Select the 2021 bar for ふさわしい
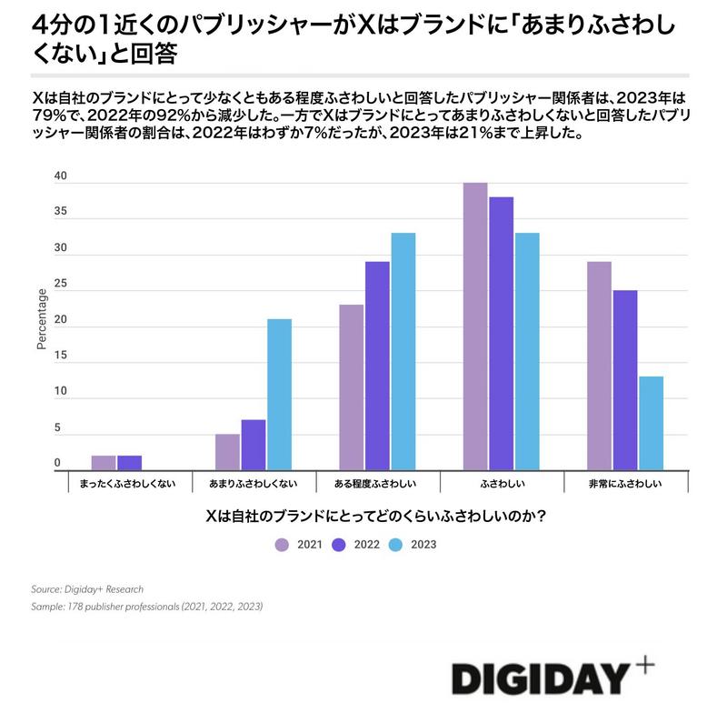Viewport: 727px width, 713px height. [x=474, y=326]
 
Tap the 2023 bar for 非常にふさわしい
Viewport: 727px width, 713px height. [x=651, y=423]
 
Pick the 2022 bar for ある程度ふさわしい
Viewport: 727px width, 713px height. [x=377, y=366]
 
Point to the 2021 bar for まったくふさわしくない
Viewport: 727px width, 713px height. [x=104, y=463]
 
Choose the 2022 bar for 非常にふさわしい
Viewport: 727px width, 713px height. [x=624, y=380]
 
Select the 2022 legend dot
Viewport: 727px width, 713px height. [x=339, y=545]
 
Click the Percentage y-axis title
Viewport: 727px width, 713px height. [x=41, y=318]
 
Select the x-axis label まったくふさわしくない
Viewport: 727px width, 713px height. [x=129, y=484]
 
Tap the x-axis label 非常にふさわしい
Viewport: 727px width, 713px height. [x=625, y=484]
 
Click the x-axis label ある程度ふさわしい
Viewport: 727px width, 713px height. [x=377, y=484]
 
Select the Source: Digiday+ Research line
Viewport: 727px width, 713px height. [x=87, y=589]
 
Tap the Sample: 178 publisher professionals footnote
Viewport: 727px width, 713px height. [x=147, y=607]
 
